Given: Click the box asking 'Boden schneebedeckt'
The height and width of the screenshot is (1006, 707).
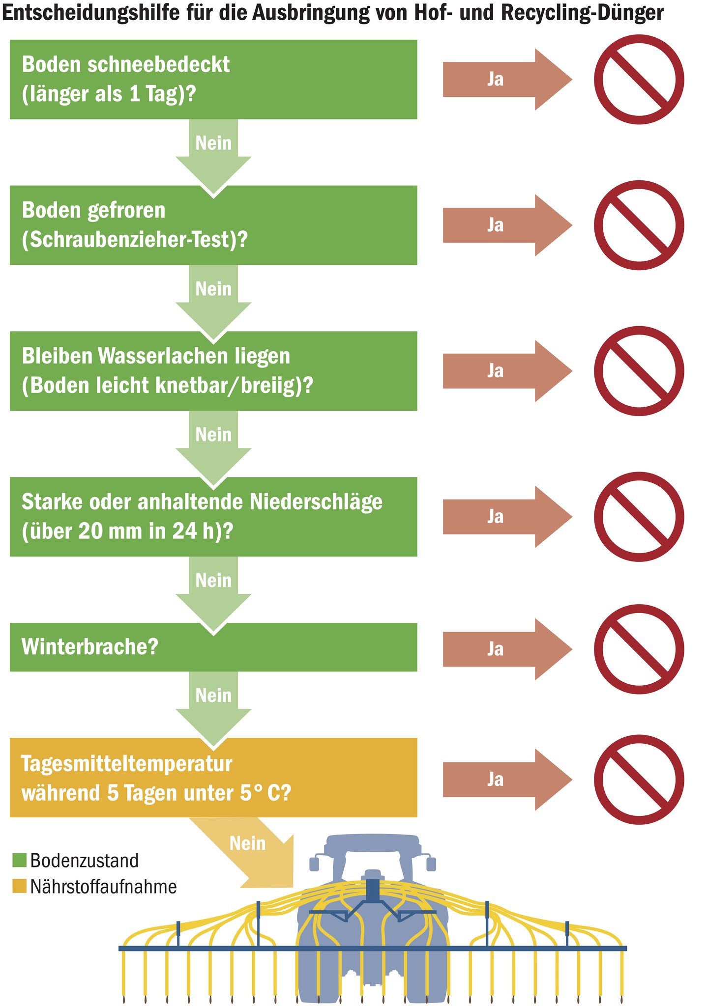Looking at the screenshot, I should [213, 80].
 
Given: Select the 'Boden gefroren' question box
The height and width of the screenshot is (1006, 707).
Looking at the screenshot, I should [213, 225].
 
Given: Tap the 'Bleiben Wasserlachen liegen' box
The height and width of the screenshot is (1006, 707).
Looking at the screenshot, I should [213, 371].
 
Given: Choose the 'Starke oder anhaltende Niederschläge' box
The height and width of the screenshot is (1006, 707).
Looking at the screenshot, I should [213, 517].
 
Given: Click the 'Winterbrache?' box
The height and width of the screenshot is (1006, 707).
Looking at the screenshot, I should [213, 647].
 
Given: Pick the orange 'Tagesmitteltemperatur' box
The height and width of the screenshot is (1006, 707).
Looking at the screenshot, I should [213, 778].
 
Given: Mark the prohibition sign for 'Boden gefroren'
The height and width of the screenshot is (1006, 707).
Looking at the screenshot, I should [639, 225].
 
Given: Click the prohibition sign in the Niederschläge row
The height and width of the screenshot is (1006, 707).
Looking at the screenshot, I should [639, 517].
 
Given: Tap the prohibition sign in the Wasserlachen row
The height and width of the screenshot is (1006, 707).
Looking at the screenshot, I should [639, 371].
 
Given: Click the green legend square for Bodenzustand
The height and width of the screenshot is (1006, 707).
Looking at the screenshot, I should [19, 861].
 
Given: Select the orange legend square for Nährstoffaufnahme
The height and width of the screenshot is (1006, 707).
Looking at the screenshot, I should [19, 887].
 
